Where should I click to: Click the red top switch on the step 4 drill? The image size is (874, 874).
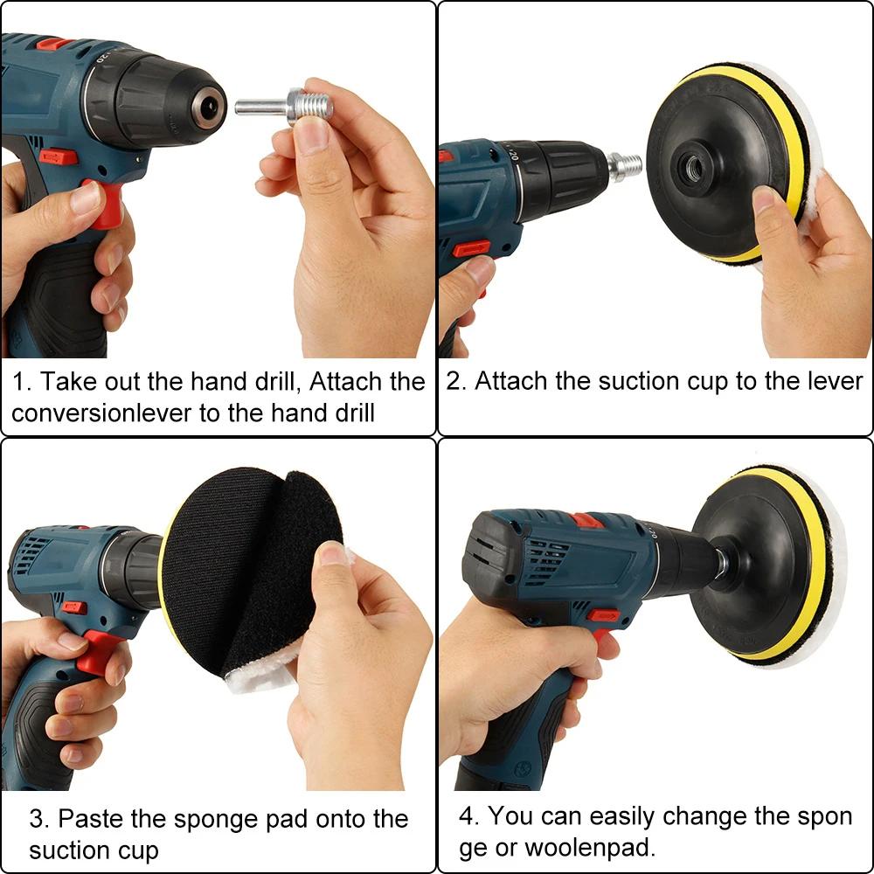(586, 521)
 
